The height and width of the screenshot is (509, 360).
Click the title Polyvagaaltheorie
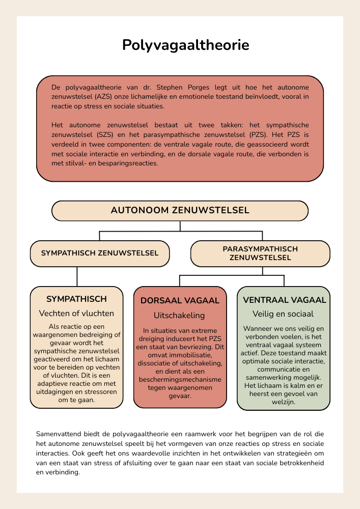(185, 45)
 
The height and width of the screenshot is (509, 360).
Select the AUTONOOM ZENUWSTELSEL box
(180, 211)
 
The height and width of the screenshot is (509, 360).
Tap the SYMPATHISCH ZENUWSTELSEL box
(99, 253)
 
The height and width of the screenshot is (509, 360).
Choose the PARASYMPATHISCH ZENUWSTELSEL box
(260, 253)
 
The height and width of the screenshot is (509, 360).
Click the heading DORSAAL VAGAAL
(180, 301)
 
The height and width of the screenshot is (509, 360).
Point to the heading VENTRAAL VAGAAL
(284, 300)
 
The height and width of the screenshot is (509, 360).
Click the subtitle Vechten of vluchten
(76, 314)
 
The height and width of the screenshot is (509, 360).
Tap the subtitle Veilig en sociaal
(283, 314)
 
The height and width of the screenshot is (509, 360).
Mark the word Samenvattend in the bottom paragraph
(59, 434)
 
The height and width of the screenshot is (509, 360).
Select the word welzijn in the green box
(283, 402)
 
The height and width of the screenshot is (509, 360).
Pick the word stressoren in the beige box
(101, 392)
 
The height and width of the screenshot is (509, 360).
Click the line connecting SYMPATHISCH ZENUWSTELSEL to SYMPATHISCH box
(77, 276)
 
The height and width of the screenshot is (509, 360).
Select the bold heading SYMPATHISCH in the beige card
(76, 299)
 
